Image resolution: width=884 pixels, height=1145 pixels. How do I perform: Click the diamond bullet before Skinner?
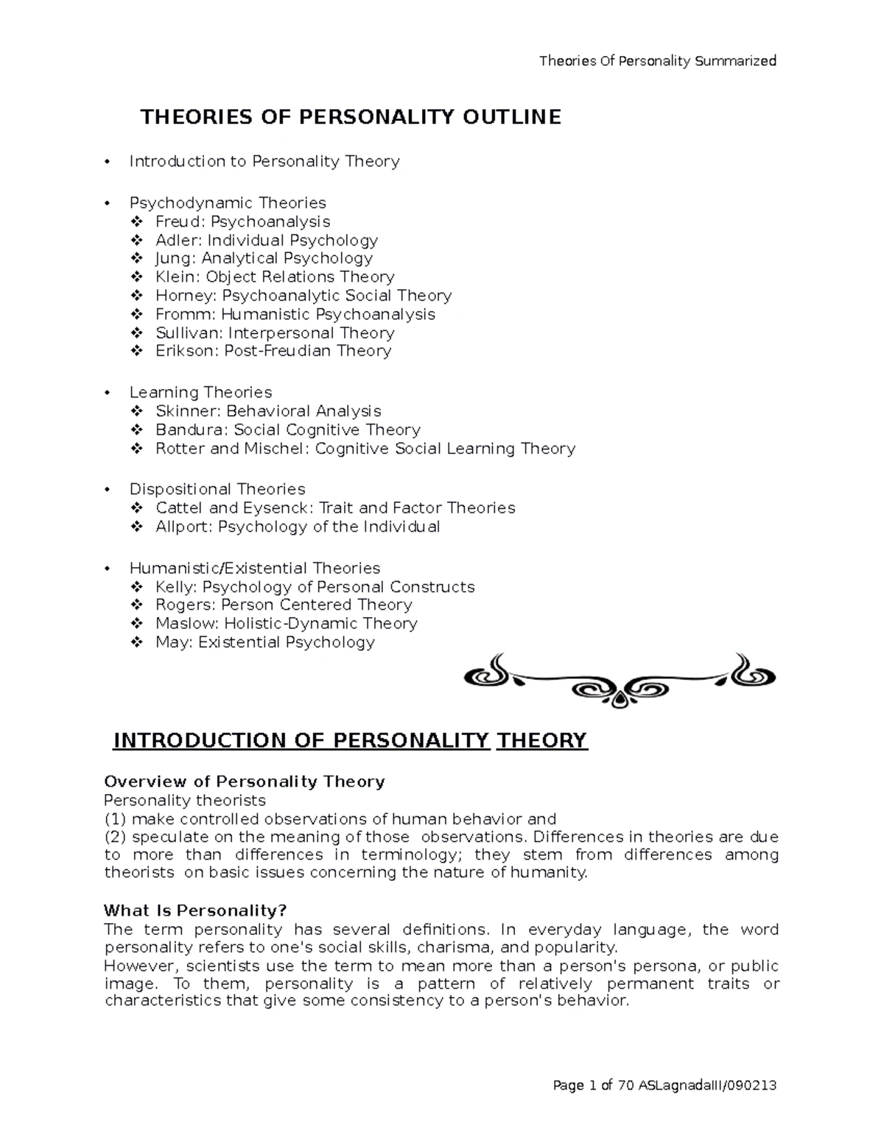click(x=136, y=411)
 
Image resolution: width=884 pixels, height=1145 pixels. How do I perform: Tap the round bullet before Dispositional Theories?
click(x=108, y=490)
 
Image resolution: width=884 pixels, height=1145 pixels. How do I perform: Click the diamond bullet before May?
click(x=136, y=642)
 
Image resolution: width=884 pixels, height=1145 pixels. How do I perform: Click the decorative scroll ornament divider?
click(x=619, y=680)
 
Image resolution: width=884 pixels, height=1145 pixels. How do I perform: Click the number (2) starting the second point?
click(x=116, y=837)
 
